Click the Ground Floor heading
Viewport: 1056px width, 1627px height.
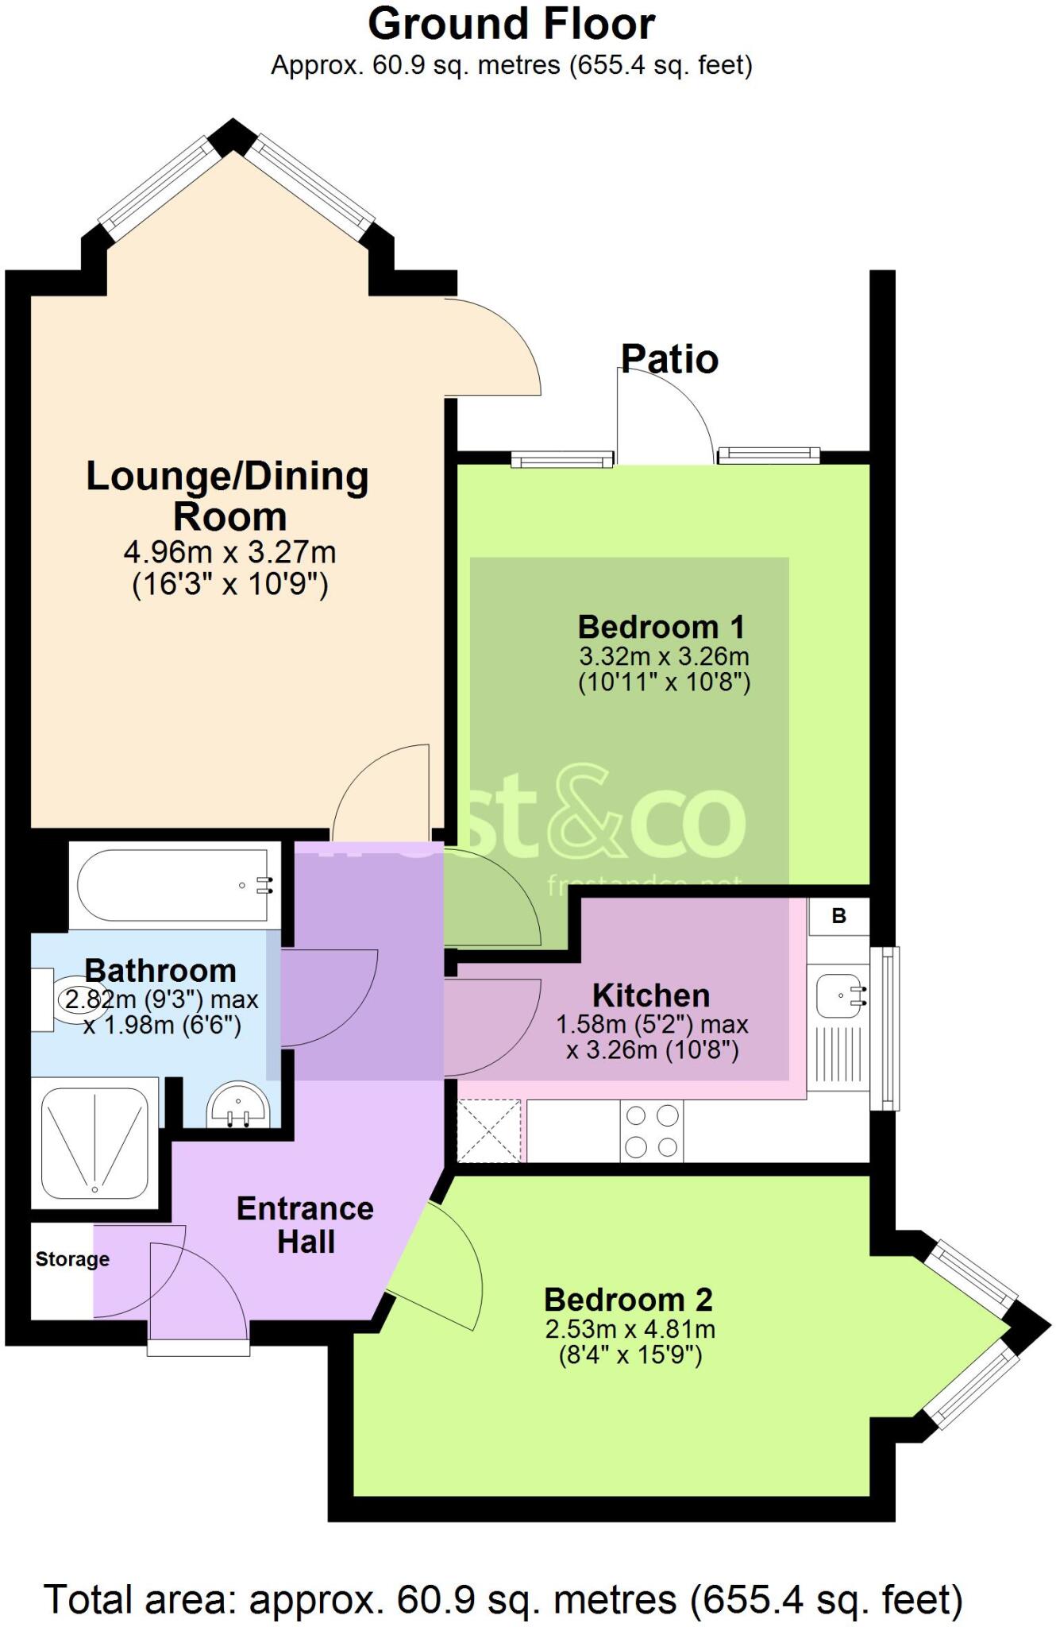[511, 25]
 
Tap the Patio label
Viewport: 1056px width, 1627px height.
[669, 359]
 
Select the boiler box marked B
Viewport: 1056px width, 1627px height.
[838, 916]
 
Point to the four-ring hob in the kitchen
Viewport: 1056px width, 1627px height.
[651, 1131]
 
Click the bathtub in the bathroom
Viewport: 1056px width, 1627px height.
[175, 885]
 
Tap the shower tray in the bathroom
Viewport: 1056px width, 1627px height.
[94, 1143]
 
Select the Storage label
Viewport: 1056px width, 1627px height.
[72, 1259]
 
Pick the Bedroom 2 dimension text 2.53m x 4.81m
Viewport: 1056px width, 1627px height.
[630, 1328]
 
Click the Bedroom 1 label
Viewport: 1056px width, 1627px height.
[661, 627]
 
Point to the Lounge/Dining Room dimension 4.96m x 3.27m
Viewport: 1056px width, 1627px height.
[229, 551]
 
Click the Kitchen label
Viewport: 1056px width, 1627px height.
[651, 995]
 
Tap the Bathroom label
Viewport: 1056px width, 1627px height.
[160, 971]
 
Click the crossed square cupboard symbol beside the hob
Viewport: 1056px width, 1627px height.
[488, 1130]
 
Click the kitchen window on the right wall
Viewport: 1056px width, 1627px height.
[884, 1028]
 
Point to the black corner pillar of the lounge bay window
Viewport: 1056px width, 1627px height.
[232, 136]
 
